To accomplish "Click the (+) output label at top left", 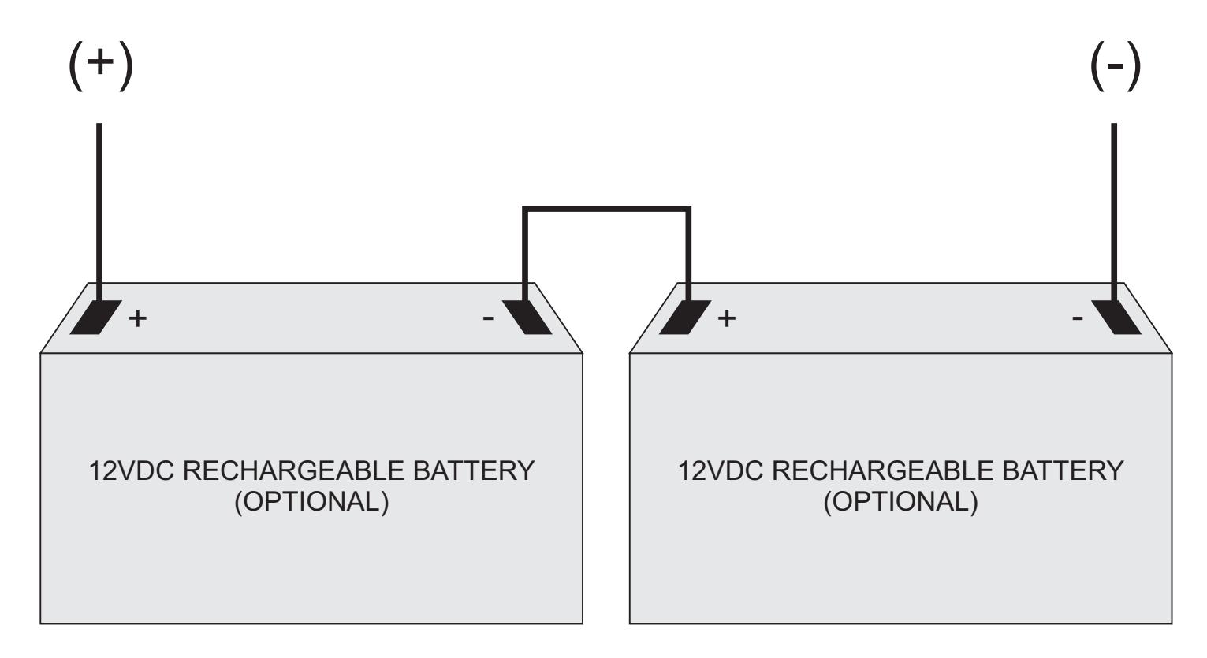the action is click(x=101, y=65).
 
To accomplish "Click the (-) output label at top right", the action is click(x=1115, y=65).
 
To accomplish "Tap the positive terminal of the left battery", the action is click(x=95, y=317).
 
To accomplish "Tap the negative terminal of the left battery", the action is click(x=527, y=317).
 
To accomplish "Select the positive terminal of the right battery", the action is click(x=685, y=317).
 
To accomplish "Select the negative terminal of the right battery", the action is click(x=1116, y=317).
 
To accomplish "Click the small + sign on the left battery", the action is click(x=137, y=318).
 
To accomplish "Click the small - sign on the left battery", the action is click(x=488, y=319).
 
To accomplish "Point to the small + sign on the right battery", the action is click(x=727, y=318).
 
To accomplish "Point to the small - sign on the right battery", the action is click(x=1078, y=319).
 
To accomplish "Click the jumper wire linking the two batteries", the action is click(x=606, y=209).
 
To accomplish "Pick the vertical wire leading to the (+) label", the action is click(x=99, y=212).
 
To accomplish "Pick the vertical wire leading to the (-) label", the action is click(x=1114, y=212).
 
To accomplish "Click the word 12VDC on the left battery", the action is click(x=132, y=470).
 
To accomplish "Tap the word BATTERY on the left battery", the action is click(x=474, y=470).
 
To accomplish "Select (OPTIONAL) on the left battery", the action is click(x=311, y=502).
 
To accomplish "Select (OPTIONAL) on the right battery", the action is click(x=900, y=502).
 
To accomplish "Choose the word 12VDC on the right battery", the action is click(x=721, y=470).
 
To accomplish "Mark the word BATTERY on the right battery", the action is click(x=1063, y=470).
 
